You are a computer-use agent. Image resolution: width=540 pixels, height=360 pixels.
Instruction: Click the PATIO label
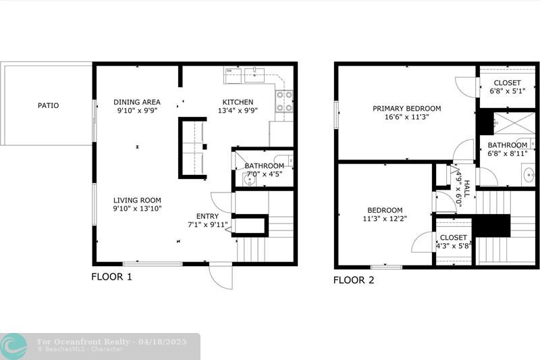48,105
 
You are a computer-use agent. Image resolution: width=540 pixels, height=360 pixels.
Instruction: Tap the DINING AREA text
137,102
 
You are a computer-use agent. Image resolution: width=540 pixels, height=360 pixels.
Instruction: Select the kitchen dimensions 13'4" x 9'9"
238,111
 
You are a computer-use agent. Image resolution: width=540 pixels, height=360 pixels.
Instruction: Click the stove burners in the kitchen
284,101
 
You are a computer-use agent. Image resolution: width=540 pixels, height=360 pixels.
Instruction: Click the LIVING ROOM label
137,200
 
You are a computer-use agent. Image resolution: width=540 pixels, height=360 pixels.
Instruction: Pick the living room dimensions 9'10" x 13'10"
137,209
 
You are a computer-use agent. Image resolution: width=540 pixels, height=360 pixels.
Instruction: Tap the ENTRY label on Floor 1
208,216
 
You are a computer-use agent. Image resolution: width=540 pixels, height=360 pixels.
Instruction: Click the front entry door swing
220,276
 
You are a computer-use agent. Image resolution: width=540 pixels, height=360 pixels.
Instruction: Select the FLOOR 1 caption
111,276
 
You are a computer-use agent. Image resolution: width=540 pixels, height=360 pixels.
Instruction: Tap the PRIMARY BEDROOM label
407,108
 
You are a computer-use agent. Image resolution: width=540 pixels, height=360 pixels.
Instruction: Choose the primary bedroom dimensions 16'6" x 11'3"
407,117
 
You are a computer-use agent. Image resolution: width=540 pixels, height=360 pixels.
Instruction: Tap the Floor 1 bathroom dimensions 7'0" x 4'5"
264,174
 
